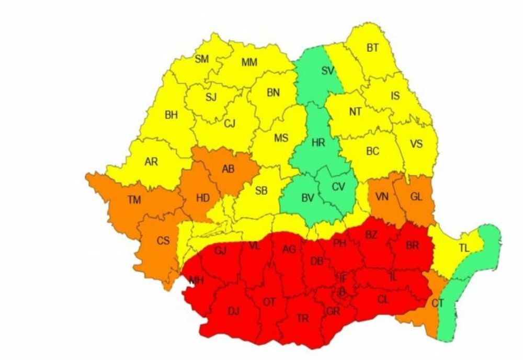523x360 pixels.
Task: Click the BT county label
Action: pyautogui.click(x=372, y=48)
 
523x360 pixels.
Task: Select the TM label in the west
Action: pyautogui.click(x=134, y=199)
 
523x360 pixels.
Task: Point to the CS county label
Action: pyautogui.click(x=163, y=241)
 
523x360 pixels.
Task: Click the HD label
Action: pyautogui.click(x=203, y=198)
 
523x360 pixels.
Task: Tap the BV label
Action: pyautogui.click(x=308, y=198)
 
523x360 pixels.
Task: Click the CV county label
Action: pyautogui.click(x=339, y=186)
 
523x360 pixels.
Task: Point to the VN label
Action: pyautogui.click(x=382, y=197)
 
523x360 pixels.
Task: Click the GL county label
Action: pyautogui.click(x=416, y=197)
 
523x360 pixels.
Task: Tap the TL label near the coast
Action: pyautogui.click(x=464, y=248)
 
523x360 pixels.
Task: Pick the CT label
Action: pyautogui.click(x=438, y=303)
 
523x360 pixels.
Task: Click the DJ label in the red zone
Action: pyautogui.click(x=233, y=311)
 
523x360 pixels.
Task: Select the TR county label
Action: pyautogui.click(x=302, y=319)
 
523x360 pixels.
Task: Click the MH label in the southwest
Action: pyautogui.click(x=197, y=281)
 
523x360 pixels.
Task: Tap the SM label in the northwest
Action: pyautogui.click(x=201, y=59)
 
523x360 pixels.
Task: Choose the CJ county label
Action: pyautogui.click(x=230, y=124)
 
